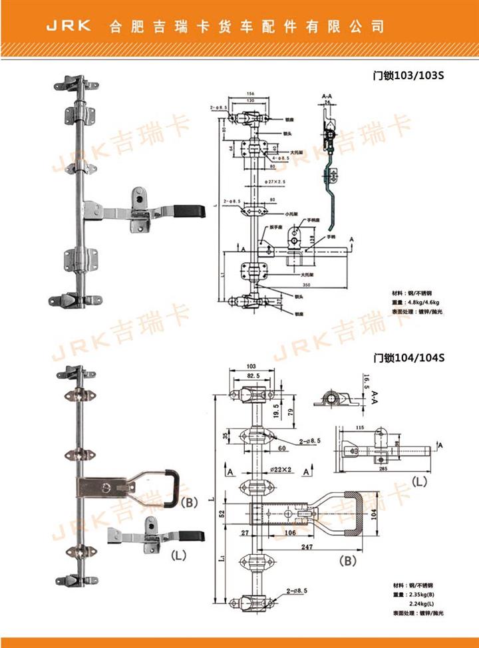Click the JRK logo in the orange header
point(68,27)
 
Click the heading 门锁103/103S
point(408,75)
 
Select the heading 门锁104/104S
point(408,357)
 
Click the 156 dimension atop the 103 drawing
point(249,94)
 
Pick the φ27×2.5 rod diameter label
point(274,181)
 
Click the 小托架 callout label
point(290,214)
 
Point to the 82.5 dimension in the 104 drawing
point(253,376)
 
